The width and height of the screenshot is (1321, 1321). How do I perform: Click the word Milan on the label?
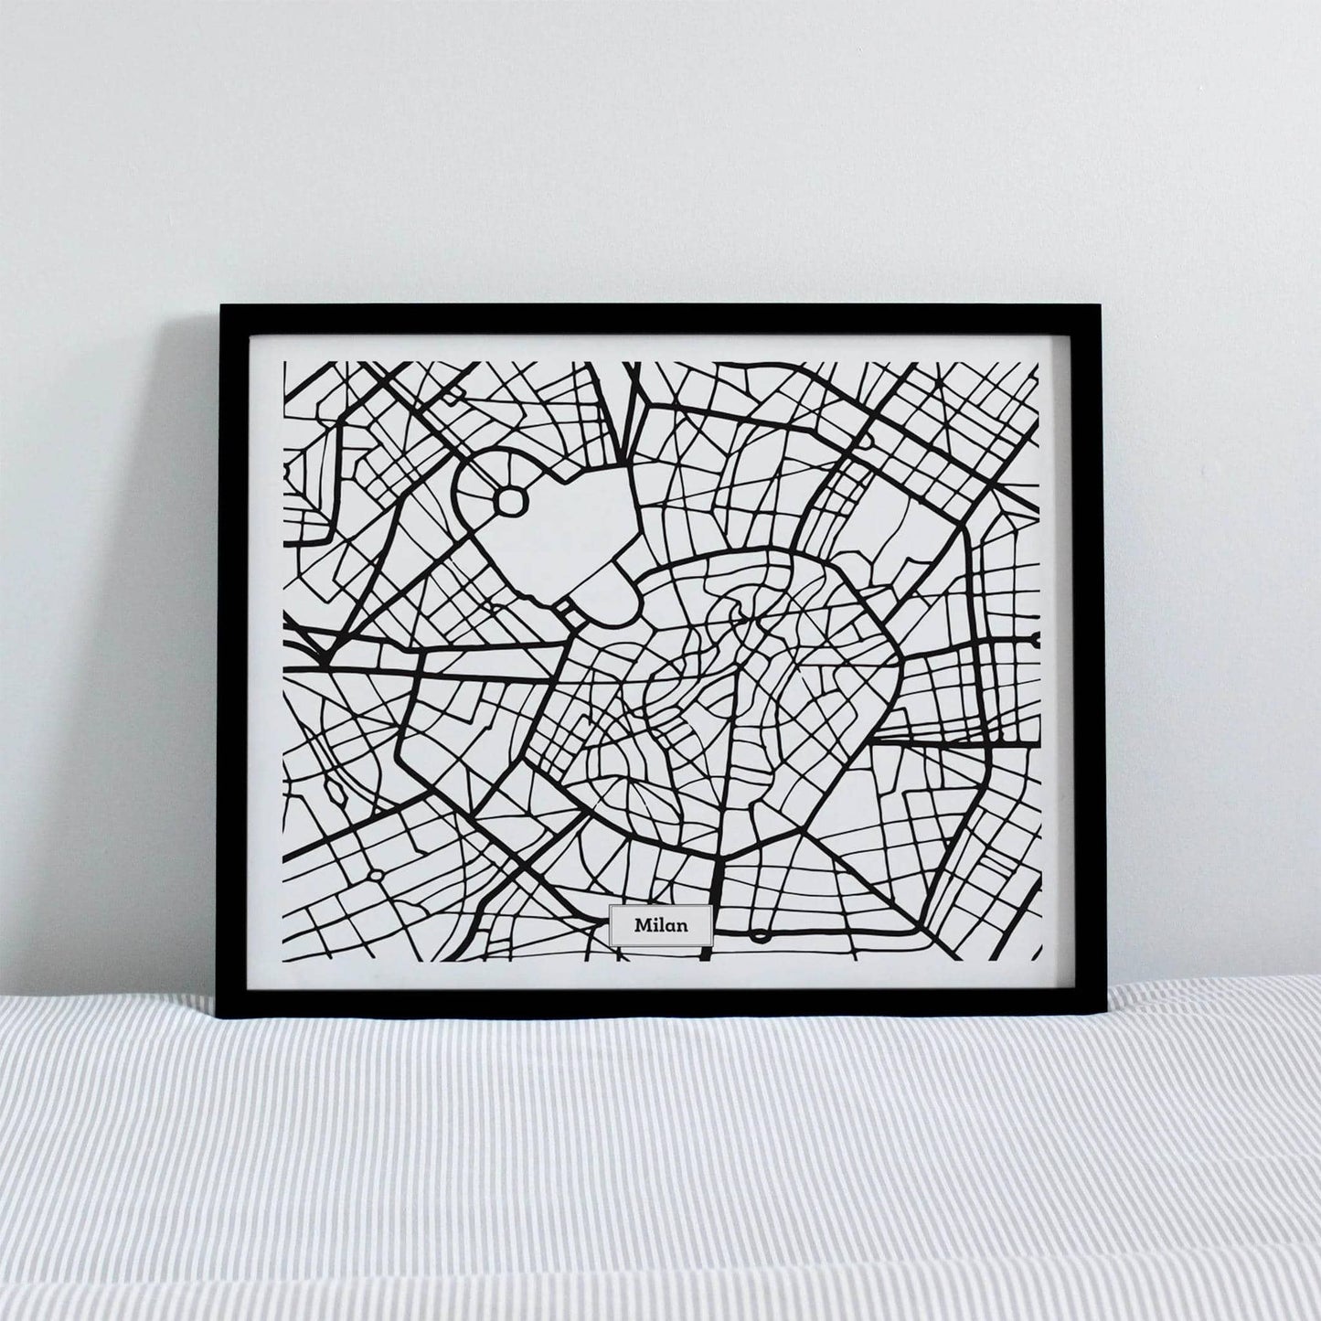[x=660, y=926]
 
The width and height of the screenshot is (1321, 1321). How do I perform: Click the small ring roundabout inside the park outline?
[x=511, y=500]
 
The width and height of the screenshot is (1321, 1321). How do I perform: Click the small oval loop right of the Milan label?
[x=761, y=935]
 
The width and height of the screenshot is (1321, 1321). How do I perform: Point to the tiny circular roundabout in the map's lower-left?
[x=376, y=875]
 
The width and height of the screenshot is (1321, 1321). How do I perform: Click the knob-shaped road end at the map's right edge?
[x=1034, y=636]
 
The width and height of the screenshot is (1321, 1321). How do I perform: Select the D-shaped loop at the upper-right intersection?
[x=864, y=441]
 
